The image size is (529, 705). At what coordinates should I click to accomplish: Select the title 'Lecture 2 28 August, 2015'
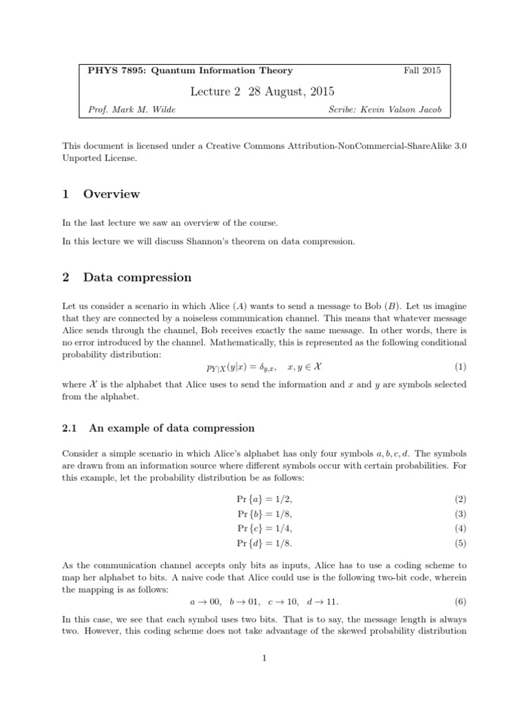[x=264, y=91]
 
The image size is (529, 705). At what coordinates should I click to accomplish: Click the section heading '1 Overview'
[x=101, y=194]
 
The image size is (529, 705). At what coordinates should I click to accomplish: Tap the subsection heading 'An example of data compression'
[x=172, y=428]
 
